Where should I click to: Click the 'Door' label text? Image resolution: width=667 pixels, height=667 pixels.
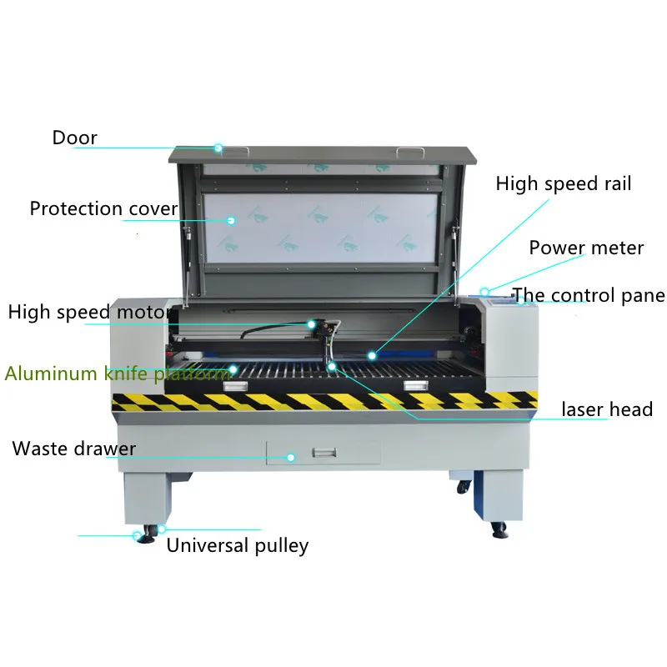[x=75, y=138]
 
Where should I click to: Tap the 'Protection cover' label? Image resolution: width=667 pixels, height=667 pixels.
[x=103, y=208]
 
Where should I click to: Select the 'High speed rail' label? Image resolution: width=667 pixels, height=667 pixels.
[x=564, y=183]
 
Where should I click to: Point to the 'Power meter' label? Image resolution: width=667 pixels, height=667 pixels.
[x=586, y=248]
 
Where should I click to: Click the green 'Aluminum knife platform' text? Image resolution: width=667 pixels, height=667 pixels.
[x=118, y=373]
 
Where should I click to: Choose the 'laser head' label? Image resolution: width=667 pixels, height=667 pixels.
[x=606, y=409]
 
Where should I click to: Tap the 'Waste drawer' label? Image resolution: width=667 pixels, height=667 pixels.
[x=73, y=449]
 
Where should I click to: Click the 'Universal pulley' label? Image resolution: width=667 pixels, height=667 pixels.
[x=238, y=545]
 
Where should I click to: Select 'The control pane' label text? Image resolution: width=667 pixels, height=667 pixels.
[x=588, y=295]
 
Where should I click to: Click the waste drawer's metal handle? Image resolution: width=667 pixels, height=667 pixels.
[x=323, y=453]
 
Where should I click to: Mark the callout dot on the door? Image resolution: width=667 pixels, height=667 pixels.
[x=218, y=148]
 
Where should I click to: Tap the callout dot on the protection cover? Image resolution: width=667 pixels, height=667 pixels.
[x=232, y=221]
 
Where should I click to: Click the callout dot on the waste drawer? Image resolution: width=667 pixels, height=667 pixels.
[x=291, y=458]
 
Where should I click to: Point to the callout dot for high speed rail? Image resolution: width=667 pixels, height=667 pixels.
[x=372, y=356]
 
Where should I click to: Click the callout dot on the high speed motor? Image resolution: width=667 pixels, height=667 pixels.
[x=311, y=323]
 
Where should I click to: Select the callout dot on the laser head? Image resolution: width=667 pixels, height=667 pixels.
[x=332, y=365]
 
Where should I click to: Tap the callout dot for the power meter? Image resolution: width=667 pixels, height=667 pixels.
[x=484, y=292]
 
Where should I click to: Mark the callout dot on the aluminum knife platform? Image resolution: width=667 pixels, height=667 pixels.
[x=233, y=368]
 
